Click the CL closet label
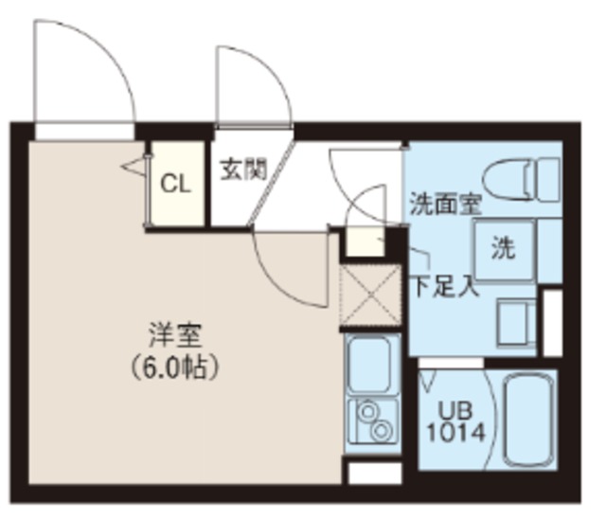(176, 184)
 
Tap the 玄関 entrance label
(242, 170)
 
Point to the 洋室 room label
(177, 335)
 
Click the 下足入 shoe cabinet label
(442, 285)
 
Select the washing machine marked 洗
(503, 249)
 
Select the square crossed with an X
(369, 295)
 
